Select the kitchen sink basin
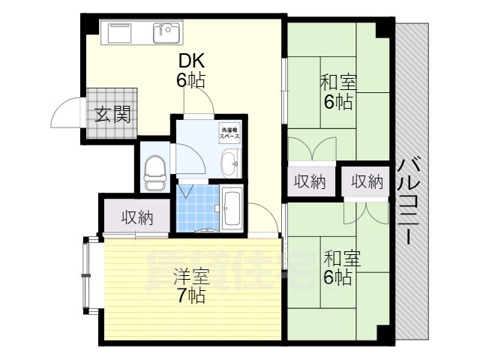[166, 33]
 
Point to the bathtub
[232, 208]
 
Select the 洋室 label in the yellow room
[190, 275]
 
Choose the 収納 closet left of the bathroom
[137, 218]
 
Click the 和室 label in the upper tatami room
[338, 82]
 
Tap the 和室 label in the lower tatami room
[341, 259]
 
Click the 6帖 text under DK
[191, 80]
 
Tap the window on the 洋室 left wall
[85, 274]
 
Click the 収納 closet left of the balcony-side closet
[310, 181]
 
